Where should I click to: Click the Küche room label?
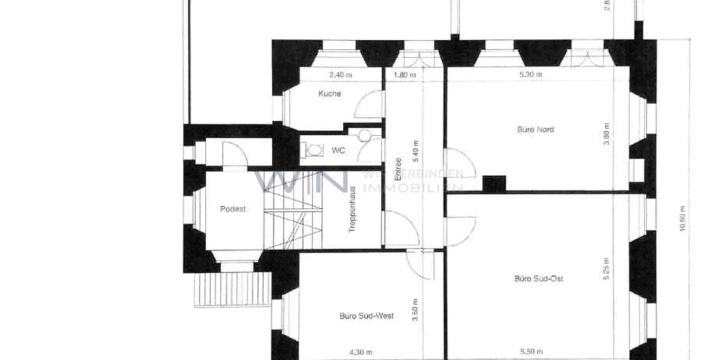tap(330, 93)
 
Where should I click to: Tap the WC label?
tap(338, 150)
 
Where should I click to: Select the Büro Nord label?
tap(535, 129)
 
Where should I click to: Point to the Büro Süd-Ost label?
tap(538, 278)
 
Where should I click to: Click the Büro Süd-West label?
tap(366, 316)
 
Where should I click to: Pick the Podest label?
tap(233, 209)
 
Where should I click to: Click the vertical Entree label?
tap(398, 169)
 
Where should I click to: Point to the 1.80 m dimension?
tap(405, 75)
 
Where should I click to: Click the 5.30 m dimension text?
tap(531, 74)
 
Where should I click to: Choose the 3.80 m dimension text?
tap(606, 134)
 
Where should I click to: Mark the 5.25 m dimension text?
tap(606, 268)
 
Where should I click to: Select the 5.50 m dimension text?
tap(531, 352)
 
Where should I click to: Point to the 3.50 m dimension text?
tap(415, 309)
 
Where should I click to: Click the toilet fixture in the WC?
tap(314, 149)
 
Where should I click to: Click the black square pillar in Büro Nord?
tap(494, 183)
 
